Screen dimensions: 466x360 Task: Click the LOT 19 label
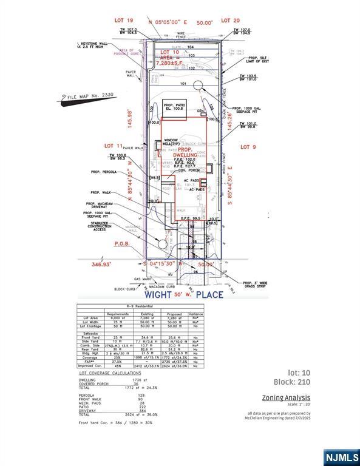(x=124, y=20)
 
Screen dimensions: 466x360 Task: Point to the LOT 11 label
(x=114, y=146)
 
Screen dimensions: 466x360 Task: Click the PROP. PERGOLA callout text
(x=104, y=172)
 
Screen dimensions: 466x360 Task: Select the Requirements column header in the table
(x=118, y=315)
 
